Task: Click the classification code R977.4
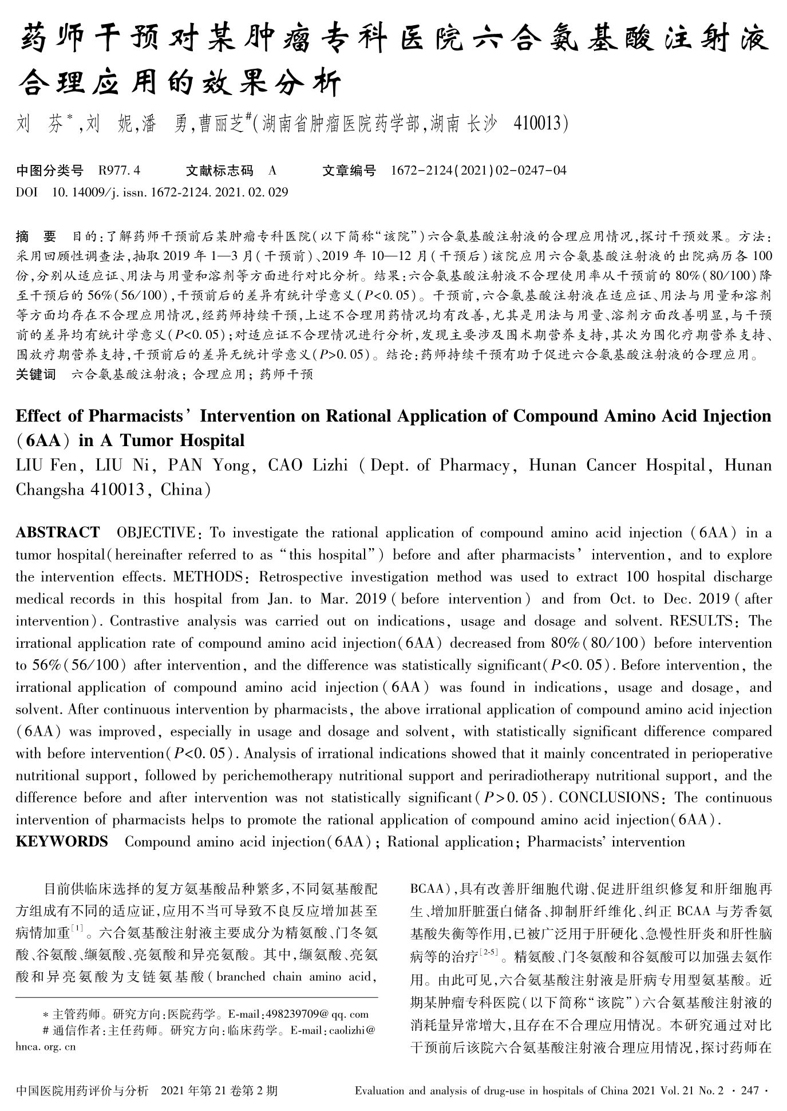click(x=119, y=170)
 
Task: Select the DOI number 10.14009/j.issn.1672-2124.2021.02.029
click(x=169, y=192)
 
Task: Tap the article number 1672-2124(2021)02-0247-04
click(x=478, y=170)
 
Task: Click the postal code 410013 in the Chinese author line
click(x=537, y=123)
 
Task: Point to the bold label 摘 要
click(x=36, y=236)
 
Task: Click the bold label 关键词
click(x=35, y=375)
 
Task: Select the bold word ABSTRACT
click(x=57, y=533)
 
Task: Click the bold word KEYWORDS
click(x=62, y=841)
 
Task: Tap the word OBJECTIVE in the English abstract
click(x=156, y=533)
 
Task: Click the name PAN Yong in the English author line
click(x=208, y=465)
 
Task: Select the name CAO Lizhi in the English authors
click(x=308, y=465)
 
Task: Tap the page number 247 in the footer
click(x=750, y=1090)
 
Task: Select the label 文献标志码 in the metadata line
click(x=219, y=170)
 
